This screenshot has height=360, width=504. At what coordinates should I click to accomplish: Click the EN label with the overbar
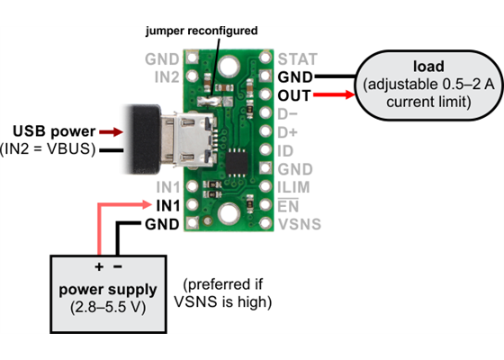click(288, 205)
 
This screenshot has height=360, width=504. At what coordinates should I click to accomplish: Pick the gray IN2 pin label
click(166, 77)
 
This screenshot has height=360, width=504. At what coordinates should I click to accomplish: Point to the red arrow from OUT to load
click(334, 95)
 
